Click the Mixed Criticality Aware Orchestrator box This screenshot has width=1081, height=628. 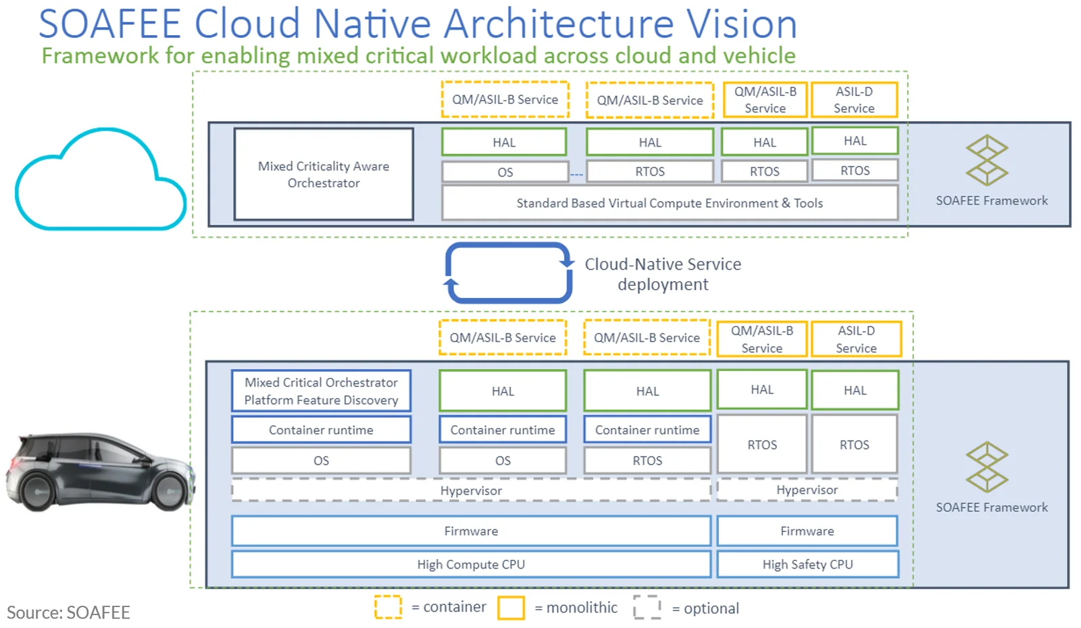[324, 174]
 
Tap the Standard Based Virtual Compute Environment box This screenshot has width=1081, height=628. [670, 203]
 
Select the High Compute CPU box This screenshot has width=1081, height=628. [471, 564]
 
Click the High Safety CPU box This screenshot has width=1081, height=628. [807, 564]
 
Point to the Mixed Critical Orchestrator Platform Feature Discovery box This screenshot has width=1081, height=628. [321, 391]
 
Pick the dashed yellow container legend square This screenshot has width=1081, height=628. [388, 607]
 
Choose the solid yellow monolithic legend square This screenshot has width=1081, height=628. [511, 608]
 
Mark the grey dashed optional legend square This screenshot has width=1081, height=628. [647, 607]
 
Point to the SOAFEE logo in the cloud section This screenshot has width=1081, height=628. [987, 160]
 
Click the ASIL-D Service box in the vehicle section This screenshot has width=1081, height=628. [856, 339]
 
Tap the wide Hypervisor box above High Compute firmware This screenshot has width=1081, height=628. [471, 490]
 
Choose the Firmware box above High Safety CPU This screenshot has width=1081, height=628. [807, 531]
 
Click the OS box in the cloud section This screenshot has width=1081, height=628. [505, 172]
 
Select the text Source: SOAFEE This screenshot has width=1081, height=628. [68, 612]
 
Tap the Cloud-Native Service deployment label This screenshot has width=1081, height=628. [663, 274]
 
